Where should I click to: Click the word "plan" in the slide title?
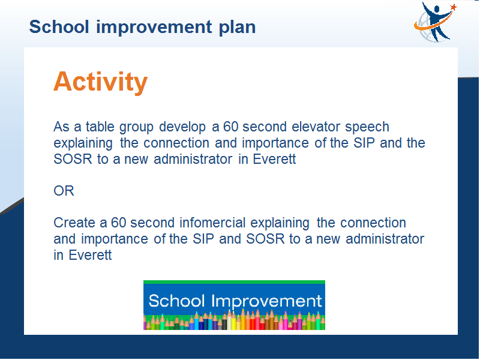pos(237,28)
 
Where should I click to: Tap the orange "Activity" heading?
pos(101,82)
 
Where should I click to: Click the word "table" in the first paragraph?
pos(100,127)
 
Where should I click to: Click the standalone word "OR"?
pos(64,191)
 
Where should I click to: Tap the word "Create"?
pos(74,223)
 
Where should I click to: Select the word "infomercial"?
pos(212,223)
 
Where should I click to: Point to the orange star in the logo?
pos(454,7)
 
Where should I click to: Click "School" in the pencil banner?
pos(176,301)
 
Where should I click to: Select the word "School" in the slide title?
pos(59,27)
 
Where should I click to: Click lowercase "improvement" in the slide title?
pos(154,28)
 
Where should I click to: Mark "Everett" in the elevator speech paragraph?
pos(274,159)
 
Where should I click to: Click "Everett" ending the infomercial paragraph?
pos(90,255)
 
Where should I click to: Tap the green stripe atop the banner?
pos(234,282)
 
